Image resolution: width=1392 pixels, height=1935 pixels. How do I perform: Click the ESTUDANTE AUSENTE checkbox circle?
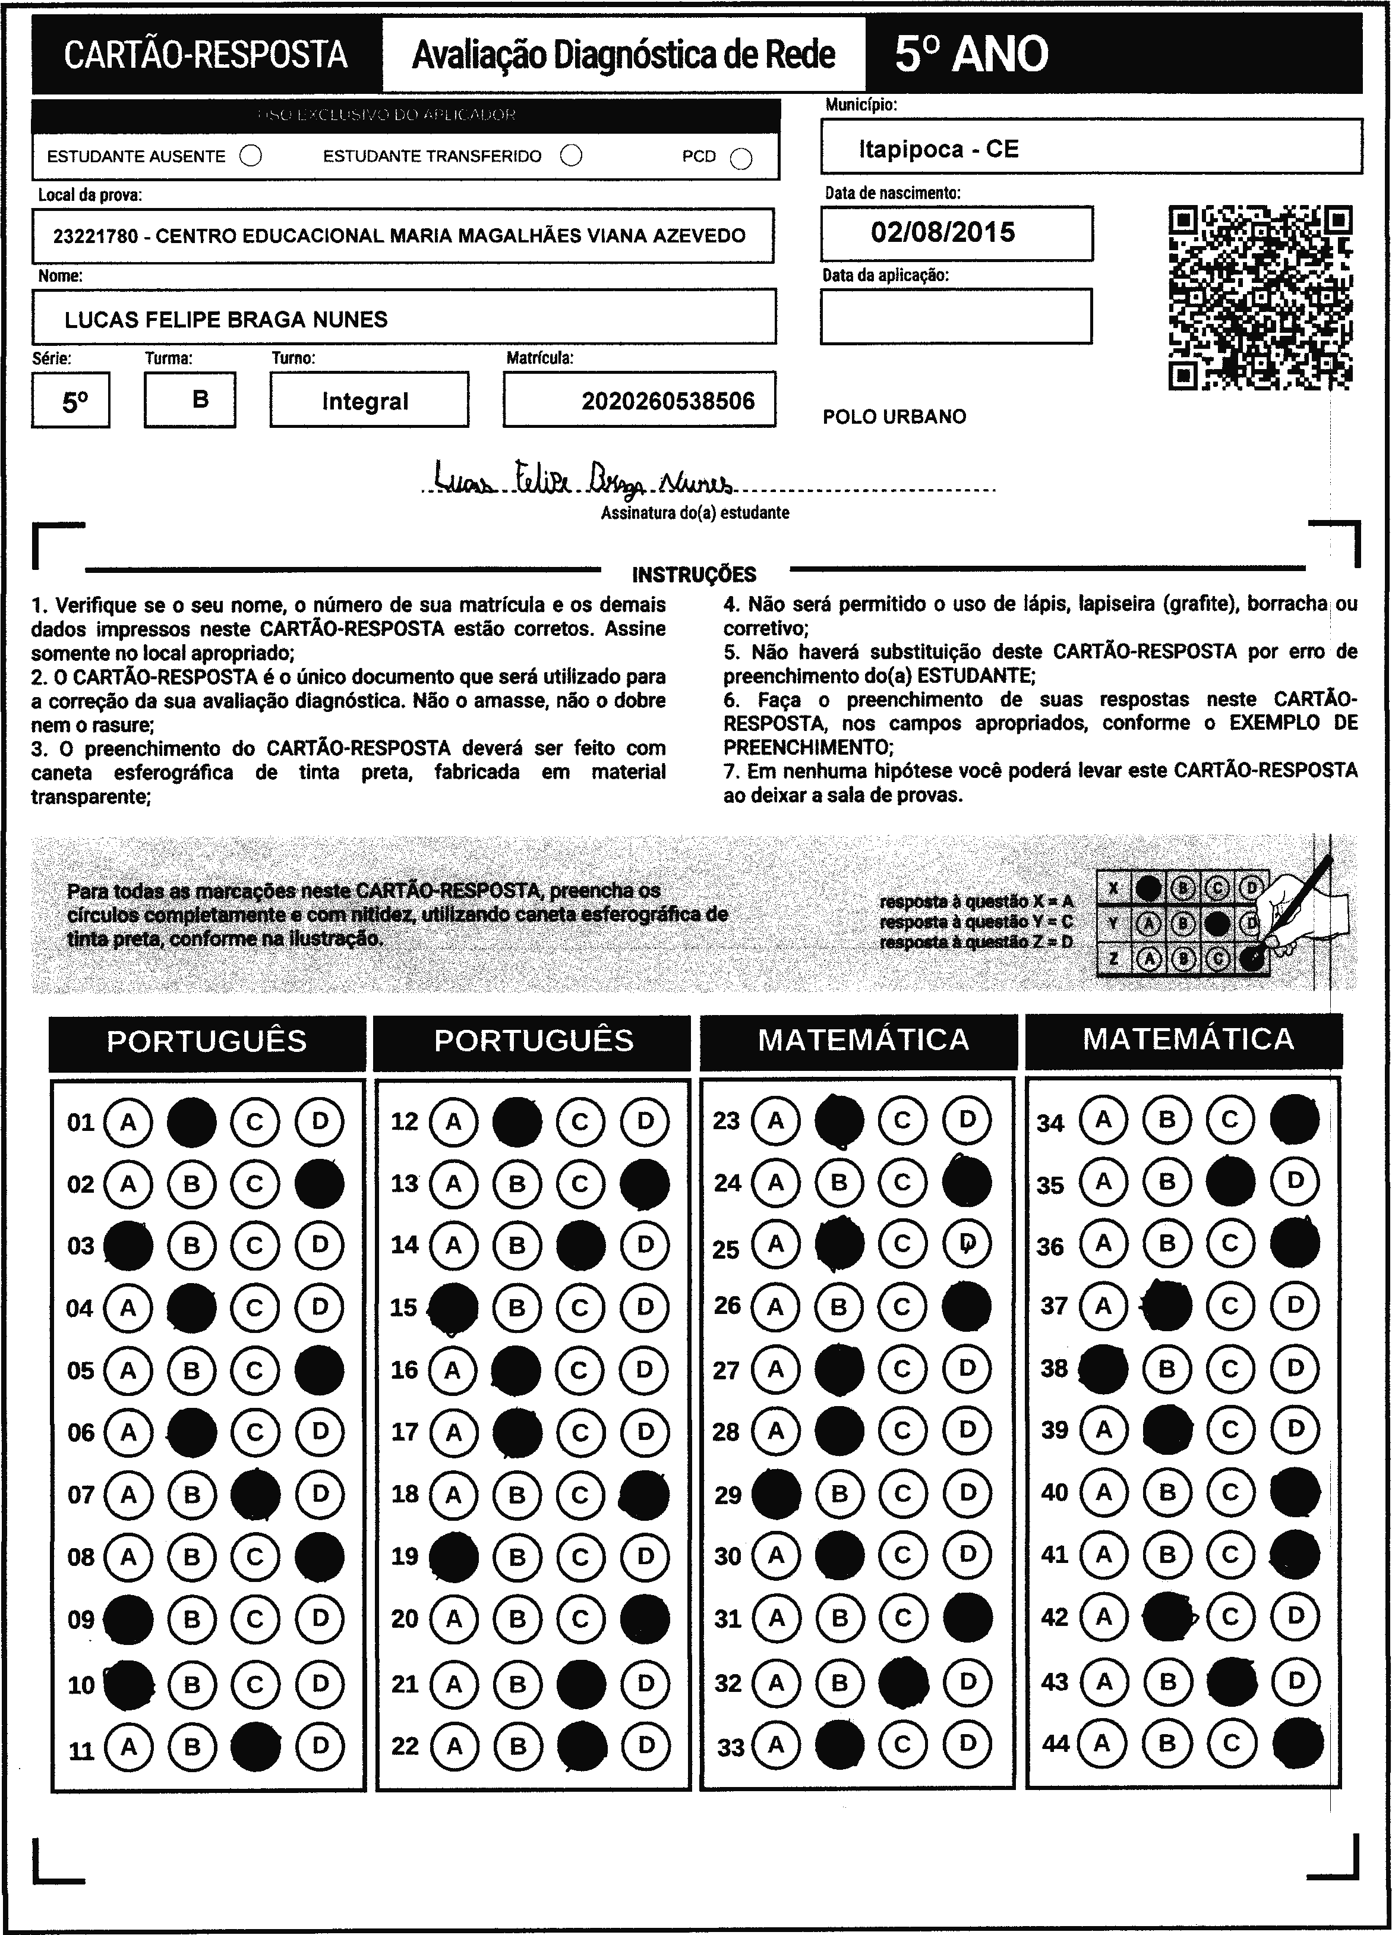point(251,156)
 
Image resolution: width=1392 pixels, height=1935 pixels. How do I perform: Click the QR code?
point(1260,297)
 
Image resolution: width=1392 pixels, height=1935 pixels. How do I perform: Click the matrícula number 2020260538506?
point(668,401)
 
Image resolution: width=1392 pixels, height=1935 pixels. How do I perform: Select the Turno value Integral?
point(365,401)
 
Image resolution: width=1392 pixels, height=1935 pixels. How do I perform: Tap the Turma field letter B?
point(200,399)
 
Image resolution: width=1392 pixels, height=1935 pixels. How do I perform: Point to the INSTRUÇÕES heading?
point(693,574)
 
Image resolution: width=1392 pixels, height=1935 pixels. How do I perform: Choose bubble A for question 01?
point(128,1121)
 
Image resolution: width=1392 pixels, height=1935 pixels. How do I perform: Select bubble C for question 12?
point(580,1121)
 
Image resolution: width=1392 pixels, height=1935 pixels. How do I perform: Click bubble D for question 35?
point(1295,1181)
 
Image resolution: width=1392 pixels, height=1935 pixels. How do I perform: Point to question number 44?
point(1056,1743)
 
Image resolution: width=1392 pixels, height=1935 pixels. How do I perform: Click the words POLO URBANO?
point(894,417)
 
